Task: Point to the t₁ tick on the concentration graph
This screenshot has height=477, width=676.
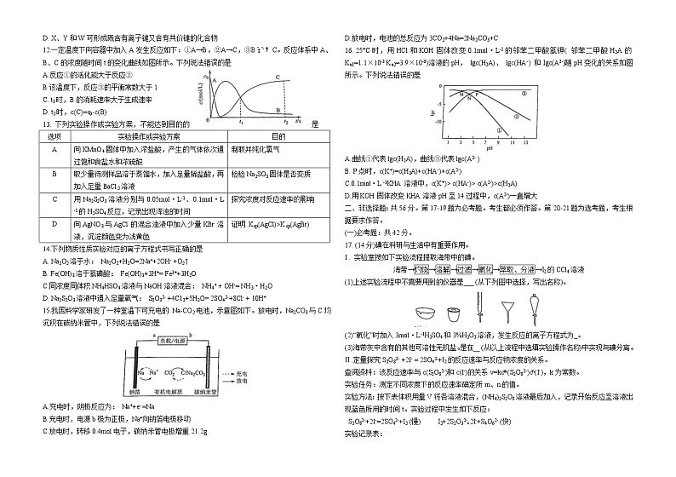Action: click(x=241, y=121)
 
